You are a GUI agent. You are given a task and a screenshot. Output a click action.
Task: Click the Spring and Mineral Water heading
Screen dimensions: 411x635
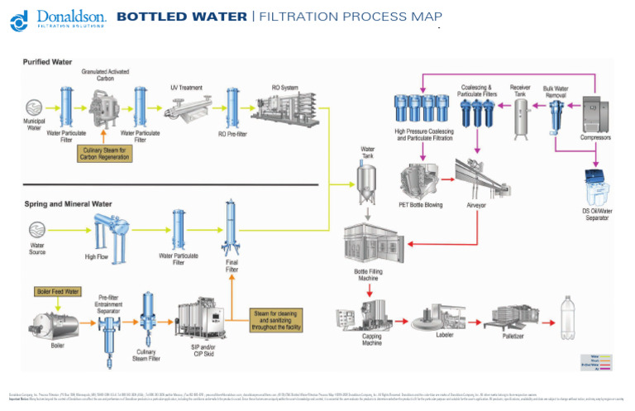[x=66, y=203]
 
